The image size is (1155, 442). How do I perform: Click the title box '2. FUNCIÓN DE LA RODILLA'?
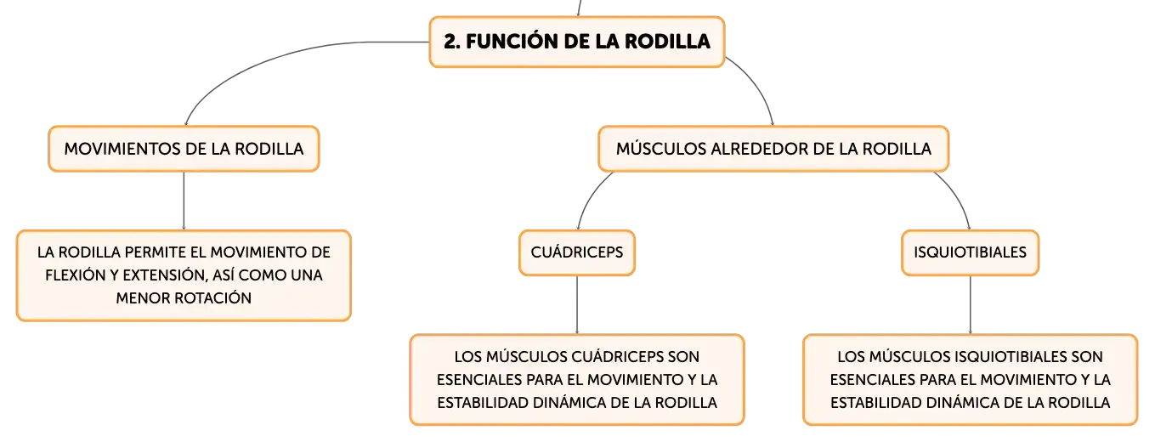577,42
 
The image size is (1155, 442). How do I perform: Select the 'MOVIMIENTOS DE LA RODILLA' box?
184,149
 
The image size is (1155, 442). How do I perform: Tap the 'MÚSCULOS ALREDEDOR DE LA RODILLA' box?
773,149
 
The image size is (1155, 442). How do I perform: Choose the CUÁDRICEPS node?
577,252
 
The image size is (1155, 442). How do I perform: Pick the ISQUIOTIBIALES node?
970,252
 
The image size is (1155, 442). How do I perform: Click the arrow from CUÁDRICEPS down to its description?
577,305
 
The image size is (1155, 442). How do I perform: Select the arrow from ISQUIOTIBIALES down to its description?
970,305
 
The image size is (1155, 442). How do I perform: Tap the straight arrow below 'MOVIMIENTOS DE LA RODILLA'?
184,201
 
